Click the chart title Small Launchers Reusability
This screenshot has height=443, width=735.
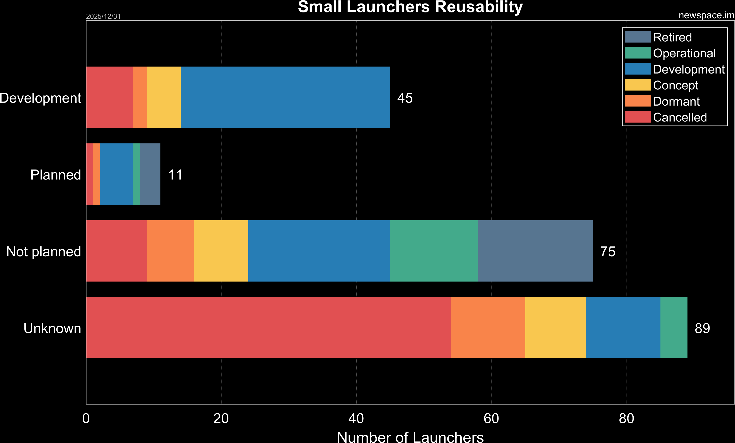410,7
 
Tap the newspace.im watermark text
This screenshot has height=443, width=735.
706,15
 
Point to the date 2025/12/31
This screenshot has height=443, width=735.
103,16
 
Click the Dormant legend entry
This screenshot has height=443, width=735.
676,101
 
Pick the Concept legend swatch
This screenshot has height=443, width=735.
638,85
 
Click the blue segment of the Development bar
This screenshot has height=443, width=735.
285,97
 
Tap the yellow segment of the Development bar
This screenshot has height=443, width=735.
164,97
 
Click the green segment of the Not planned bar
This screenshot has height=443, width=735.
434,251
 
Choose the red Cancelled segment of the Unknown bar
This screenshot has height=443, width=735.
269,327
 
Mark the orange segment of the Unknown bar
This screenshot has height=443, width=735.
488,327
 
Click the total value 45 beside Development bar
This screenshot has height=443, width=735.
405,98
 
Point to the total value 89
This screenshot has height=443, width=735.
702,328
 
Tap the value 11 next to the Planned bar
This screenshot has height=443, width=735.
175,175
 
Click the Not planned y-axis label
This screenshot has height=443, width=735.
44,252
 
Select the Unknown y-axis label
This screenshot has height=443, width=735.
52,328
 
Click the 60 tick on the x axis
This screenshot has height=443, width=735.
491,419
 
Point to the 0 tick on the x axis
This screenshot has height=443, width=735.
86,419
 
